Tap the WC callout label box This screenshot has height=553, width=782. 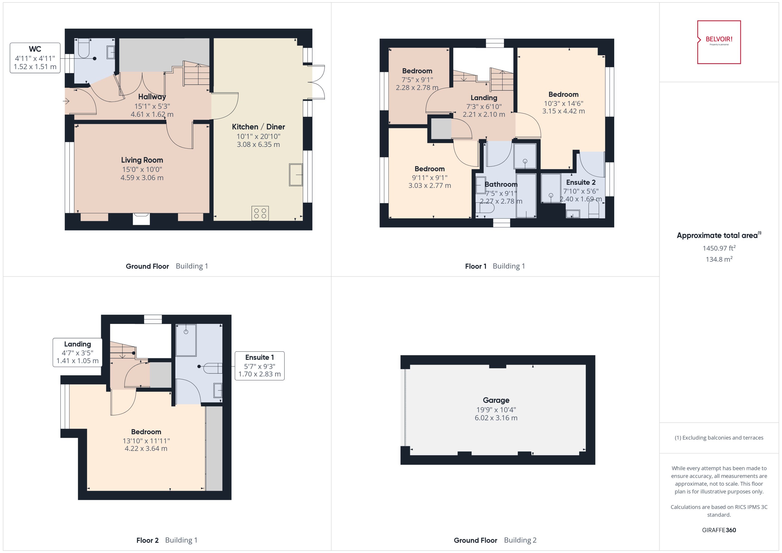pyautogui.click(x=35, y=58)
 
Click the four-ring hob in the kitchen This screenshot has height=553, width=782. pyautogui.click(x=260, y=213)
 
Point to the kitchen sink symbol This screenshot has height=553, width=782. pyautogui.click(x=295, y=175)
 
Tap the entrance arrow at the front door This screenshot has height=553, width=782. pyautogui.click(x=66, y=101)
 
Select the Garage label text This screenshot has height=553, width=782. pyautogui.click(x=496, y=400)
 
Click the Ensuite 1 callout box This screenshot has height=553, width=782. pyautogui.click(x=259, y=366)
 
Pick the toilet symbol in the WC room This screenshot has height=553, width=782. pyautogui.click(x=84, y=49)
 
